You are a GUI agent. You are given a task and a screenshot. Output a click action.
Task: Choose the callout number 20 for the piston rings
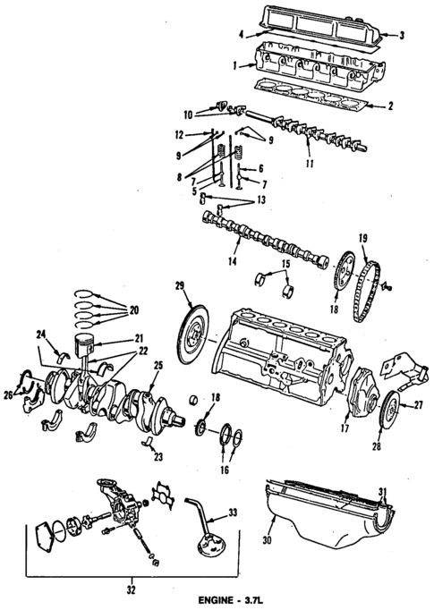134,310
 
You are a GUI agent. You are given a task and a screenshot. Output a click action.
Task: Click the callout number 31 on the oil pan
382,492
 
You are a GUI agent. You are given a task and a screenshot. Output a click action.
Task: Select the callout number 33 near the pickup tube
234,512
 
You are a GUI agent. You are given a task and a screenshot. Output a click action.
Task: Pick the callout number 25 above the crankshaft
157,366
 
